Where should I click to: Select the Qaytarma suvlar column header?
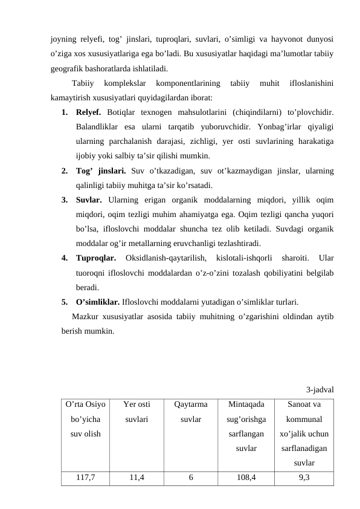click(x=191, y=411)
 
